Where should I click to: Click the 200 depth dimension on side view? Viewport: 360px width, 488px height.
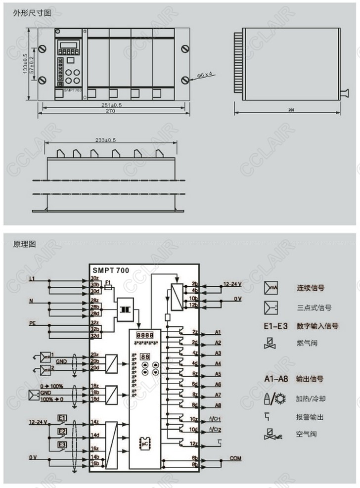point(286,110)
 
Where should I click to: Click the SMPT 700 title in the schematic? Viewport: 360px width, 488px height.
point(110,270)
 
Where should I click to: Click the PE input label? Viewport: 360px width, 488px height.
point(32,323)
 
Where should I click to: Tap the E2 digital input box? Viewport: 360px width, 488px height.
point(62,432)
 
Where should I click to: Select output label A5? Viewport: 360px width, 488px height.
point(218,374)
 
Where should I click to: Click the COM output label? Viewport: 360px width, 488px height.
point(235,459)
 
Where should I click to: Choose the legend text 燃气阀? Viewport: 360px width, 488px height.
point(307,342)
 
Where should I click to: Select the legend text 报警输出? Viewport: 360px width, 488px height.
point(310,417)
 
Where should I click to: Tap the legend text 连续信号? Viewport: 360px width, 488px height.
point(311,288)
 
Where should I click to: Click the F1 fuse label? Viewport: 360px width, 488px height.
point(108,282)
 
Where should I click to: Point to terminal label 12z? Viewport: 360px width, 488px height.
point(194,443)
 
